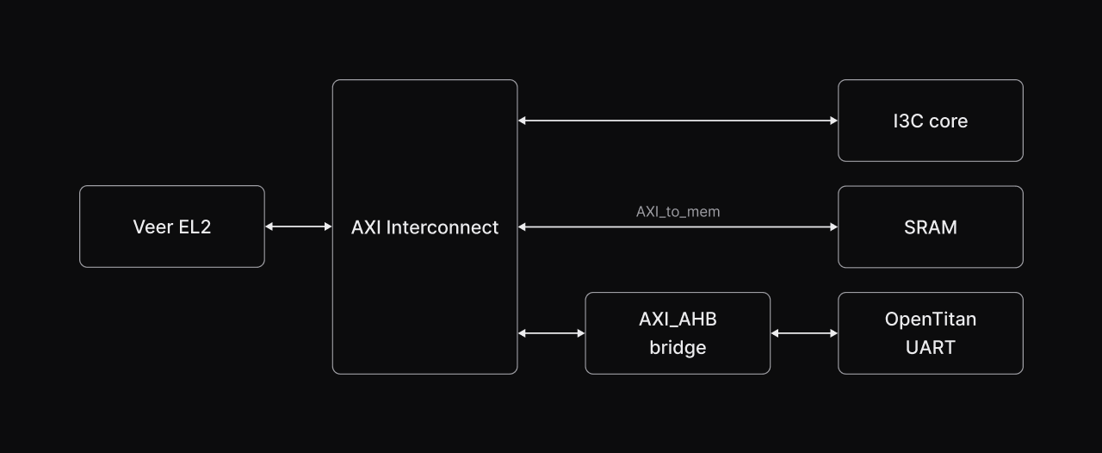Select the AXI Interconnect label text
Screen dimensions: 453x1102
tap(424, 227)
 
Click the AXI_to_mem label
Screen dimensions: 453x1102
tap(678, 211)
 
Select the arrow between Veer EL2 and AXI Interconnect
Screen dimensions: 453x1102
tap(298, 226)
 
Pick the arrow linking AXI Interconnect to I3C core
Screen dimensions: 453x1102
tap(678, 121)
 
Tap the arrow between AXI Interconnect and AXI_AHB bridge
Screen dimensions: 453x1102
tap(551, 333)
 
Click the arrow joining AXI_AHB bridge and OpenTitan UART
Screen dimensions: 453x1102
tap(804, 333)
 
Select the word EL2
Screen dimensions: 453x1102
tap(195, 227)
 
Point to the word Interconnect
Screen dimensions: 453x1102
tap(443, 227)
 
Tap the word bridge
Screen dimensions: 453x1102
tap(678, 348)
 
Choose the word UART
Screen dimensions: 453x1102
tap(930, 348)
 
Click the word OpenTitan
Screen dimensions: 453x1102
tap(930, 320)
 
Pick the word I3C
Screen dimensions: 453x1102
tap(908, 121)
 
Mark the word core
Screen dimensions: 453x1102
tap(948, 121)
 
